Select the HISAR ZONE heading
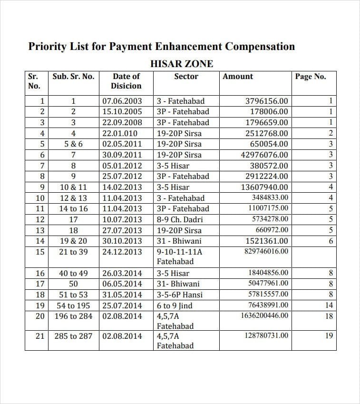(182, 64)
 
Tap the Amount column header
(238, 77)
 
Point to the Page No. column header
(310, 77)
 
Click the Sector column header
(186, 77)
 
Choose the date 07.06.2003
(122, 101)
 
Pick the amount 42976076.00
(264, 155)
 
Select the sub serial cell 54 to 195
(73, 305)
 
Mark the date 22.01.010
(120, 133)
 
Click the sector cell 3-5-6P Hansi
(180, 295)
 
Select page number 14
(329, 305)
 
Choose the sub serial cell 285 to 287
(73, 336)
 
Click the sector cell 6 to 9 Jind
(175, 305)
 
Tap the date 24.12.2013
(122, 252)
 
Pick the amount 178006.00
(269, 112)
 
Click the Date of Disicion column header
(126, 81)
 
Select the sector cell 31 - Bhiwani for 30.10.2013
(179, 241)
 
